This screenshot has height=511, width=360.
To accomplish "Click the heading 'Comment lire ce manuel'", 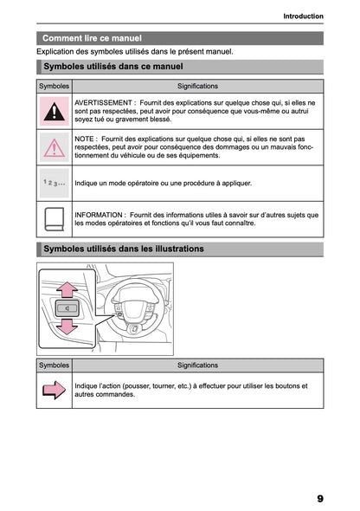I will pyautogui.click(x=92, y=38).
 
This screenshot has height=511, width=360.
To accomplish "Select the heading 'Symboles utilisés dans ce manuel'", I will pyautogui.click(x=112, y=66).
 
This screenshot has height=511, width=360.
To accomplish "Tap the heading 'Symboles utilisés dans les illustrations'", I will pyautogui.click(x=123, y=249).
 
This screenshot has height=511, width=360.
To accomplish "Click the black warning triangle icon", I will pyautogui.click(x=55, y=111).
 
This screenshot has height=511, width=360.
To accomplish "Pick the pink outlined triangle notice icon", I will pyautogui.click(x=55, y=148).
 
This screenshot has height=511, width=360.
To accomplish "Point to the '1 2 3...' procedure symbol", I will pyautogui.click(x=54, y=183).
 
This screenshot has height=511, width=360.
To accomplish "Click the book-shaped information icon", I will pyautogui.click(x=55, y=217).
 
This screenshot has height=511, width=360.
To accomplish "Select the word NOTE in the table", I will pyautogui.click(x=85, y=139).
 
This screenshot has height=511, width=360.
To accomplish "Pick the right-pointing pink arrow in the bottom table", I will pyautogui.click(x=55, y=391).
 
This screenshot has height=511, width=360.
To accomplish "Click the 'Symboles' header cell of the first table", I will pyautogui.click(x=54, y=87).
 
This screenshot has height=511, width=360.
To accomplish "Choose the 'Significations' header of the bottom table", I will pyautogui.click(x=197, y=365).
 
